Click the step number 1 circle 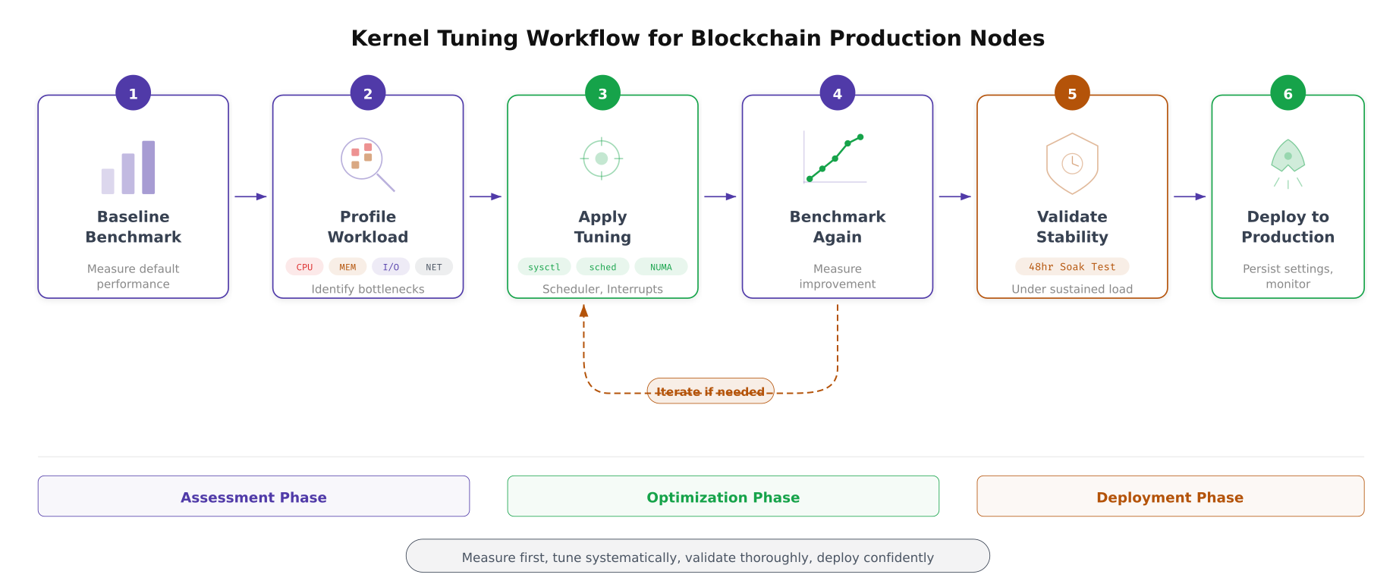point(133,93)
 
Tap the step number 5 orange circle point(1072,93)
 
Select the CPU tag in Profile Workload point(304,267)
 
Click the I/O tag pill point(391,267)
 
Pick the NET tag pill point(434,267)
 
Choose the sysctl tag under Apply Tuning point(544,267)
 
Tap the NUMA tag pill point(661,267)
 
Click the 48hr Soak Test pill point(1072,267)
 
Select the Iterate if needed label point(710,391)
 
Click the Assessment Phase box point(253,497)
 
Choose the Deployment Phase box point(1170,497)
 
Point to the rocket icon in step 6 point(1288,157)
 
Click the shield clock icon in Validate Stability point(1072,163)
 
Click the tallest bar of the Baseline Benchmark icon point(149,167)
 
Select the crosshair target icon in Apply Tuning point(602,159)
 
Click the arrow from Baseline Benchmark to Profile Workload point(250,196)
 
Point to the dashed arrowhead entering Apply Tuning point(583,310)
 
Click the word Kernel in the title point(393,38)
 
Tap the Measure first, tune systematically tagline point(697,557)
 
